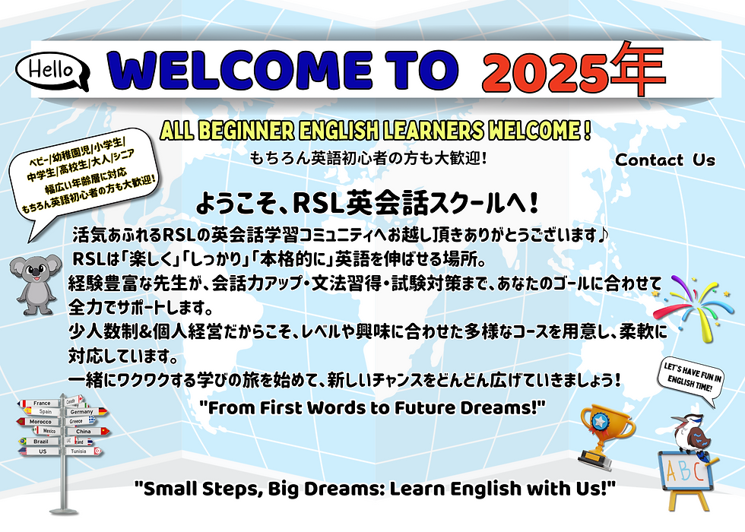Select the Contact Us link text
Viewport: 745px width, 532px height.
click(665, 160)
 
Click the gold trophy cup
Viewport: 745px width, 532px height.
click(605, 432)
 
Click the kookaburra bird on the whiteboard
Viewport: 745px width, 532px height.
click(690, 435)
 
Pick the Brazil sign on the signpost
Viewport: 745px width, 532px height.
click(42, 441)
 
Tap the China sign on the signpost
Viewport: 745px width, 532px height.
click(84, 431)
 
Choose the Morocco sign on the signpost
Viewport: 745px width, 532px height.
click(42, 421)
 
